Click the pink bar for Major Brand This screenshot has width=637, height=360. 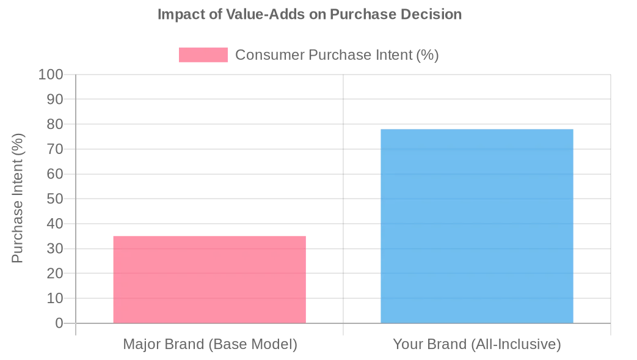click(209, 279)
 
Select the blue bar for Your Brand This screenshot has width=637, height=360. click(477, 226)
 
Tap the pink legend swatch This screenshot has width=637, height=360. click(203, 55)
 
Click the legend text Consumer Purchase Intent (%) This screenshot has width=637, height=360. click(337, 55)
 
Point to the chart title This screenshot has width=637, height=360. click(310, 14)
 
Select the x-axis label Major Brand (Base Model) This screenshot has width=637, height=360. click(210, 344)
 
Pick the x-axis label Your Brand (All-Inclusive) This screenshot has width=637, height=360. click(477, 344)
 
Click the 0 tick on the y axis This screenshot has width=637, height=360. click(59, 323)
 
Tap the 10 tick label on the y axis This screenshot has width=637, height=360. click(55, 298)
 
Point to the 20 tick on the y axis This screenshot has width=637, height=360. click(55, 273)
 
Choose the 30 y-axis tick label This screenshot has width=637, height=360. click(55, 249)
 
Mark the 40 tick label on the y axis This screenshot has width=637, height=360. click(55, 224)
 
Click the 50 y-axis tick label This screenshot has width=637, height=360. click(55, 199)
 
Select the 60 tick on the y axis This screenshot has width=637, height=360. click(55, 174)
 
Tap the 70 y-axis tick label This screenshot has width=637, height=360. click(55, 149)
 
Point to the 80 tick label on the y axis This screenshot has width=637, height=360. click(55, 124)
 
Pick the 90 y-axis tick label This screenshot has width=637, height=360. click(55, 99)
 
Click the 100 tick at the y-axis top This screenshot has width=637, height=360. click(51, 75)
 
